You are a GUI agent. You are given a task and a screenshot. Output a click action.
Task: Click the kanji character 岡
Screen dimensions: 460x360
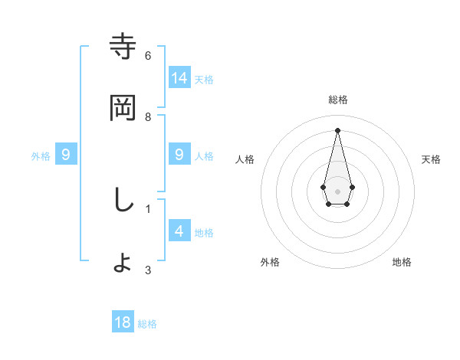pos(123,108)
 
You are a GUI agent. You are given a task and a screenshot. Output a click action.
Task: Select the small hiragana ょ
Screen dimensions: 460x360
pos(123,263)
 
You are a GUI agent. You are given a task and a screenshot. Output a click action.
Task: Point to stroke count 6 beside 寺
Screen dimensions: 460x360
pos(148,55)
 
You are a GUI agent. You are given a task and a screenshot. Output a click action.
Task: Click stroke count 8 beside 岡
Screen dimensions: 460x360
pos(148,116)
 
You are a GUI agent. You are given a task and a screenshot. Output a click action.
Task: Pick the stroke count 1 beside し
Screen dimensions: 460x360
pos(148,208)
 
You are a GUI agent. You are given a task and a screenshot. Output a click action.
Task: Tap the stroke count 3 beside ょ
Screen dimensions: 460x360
pos(148,270)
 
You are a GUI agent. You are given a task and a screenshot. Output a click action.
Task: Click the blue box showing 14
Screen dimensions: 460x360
pos(179,77)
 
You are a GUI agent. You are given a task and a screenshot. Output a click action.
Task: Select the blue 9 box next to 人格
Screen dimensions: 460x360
pos(179,155)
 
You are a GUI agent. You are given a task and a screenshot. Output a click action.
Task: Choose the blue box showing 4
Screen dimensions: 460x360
pos(179,231)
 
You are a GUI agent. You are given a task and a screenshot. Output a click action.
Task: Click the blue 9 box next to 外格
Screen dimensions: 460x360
pos(66,155)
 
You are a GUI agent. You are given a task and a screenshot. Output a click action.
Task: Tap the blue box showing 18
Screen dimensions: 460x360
pos(123,322)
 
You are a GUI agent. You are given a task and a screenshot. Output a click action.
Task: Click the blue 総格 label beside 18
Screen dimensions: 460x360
pos(147,324)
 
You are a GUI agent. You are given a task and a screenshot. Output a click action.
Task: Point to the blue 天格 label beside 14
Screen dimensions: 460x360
pos(204,79)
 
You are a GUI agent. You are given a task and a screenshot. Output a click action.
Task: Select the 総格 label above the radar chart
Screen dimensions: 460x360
pos(337,100)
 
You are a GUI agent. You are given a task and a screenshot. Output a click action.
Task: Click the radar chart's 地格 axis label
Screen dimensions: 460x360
pos(402,262)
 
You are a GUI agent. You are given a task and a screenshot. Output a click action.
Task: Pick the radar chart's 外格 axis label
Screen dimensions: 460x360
pos(270,262)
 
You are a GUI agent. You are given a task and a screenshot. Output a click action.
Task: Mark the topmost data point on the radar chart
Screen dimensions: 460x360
pos(337,129)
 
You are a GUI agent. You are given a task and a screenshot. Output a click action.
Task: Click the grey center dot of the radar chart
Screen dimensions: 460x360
pos(337,191)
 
